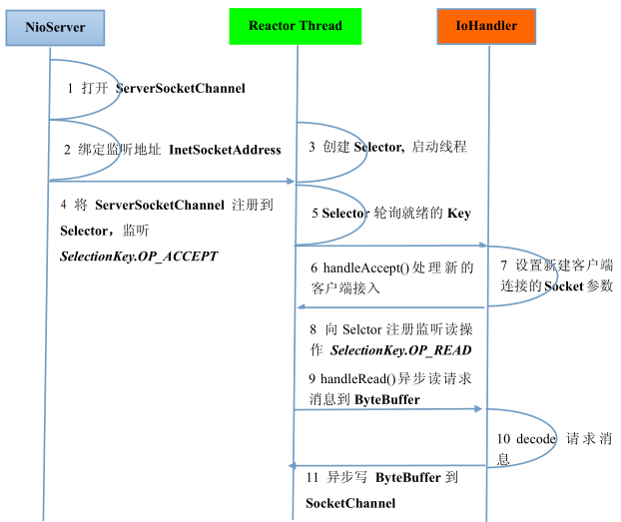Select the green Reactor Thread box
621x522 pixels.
pyautogui.click(x=296, y=25)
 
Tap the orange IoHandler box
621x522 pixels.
pyautogui.click(x=490, y=25)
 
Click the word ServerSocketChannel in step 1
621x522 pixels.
pyautogui.click(x=181, y=89)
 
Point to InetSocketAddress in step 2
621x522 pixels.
pyautogui.click(x=225, y=150)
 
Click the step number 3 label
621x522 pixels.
pyautogui.click(x=311, y=147)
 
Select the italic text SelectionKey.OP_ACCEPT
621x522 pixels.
pyautogui.click(x=139, y=257)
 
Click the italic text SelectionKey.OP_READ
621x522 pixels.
pyautogui.click(x=400, y=350)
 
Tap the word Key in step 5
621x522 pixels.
pyautogui.click(x=458, y=214)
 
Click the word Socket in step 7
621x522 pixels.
pyautogui.click(x=564, y=286)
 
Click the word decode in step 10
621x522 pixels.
pyautogui.click(x=534, y=438)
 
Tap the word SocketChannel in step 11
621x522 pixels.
pyautogui.click(x=350, y=502)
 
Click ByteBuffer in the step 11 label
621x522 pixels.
pyautogui.click(x=407, y=478)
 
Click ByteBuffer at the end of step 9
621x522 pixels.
pyautogui.click(x=387, y=399)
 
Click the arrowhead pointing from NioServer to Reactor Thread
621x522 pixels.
pyautogui.click(x=291, y=182)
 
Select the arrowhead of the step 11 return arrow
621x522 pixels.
pyautogui.click(x=293, y=466)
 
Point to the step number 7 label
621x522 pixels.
pyautogui.click(x=504, y=265)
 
